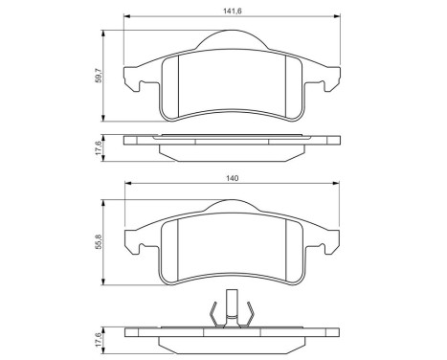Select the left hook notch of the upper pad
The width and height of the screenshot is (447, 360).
[x=145, y=87]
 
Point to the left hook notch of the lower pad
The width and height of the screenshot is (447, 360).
[x=145, y=253]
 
